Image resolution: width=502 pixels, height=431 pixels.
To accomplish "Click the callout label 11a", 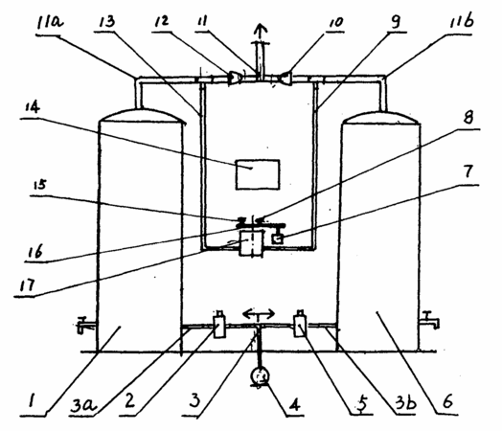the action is coord(50,22).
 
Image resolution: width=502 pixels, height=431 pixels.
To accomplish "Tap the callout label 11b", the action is coord(462,21).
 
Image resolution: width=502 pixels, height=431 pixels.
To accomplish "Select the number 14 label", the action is coord(33,107).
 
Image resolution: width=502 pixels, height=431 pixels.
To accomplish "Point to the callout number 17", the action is coord(27,285).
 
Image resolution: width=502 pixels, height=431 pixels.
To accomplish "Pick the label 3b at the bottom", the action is coord(406,402).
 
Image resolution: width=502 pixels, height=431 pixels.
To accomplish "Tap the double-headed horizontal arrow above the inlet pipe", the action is coord(259,314).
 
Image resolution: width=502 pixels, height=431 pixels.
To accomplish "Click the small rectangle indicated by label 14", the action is coord(258,174).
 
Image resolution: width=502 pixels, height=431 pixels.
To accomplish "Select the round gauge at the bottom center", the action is coord(260,376).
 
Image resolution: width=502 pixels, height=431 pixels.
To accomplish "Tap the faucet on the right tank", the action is coord(430,319).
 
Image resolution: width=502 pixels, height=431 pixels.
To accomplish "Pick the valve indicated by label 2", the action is coord(219,325).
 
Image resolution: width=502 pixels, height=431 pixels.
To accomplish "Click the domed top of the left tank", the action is coord(143,116).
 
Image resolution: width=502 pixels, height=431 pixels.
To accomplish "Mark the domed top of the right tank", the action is coord(381,117).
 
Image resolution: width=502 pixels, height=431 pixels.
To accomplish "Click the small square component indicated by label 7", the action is coord(278,239).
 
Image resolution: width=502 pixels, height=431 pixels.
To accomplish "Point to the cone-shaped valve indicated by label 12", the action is coord(235,79).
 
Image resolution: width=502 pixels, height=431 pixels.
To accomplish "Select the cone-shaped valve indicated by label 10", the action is coord(285,79).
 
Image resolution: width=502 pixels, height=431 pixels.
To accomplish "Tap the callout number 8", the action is coord(468,117).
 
